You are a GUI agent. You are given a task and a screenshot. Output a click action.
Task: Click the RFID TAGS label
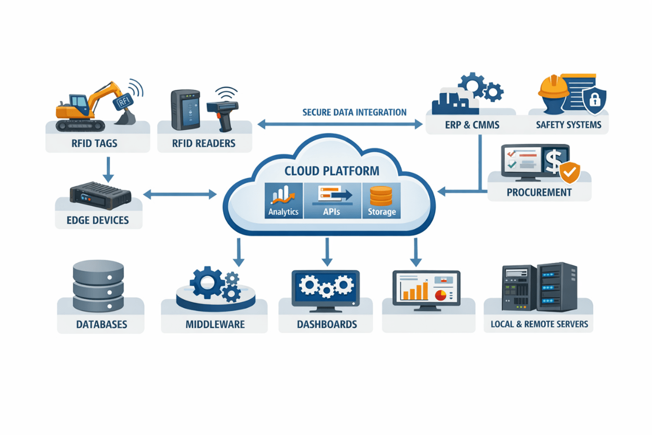pos(95,143)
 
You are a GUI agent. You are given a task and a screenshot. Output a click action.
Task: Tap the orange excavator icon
pos(91,104)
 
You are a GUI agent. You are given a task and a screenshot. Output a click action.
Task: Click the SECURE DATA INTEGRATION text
pos(354,112)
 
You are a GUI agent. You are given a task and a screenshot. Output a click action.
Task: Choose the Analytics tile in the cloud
pos(283,201)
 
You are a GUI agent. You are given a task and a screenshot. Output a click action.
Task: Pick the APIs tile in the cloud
pos(331,201)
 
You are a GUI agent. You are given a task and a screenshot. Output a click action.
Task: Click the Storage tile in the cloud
pos(381,201)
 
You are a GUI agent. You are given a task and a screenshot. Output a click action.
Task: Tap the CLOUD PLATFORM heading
pos(328,171)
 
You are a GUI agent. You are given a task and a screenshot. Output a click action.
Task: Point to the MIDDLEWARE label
pos(215,324)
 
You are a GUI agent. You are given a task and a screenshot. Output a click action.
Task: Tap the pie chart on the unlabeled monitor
pos(441,295)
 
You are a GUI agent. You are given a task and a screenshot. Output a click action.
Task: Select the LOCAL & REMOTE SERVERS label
pos(539,324)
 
